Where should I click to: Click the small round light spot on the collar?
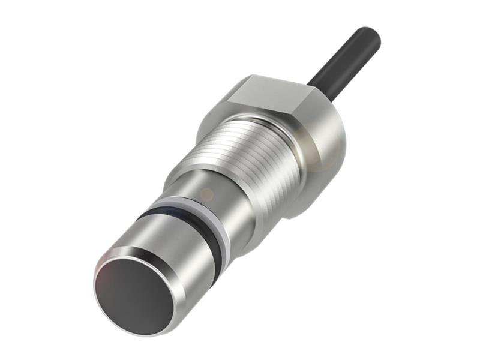[205, 194]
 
